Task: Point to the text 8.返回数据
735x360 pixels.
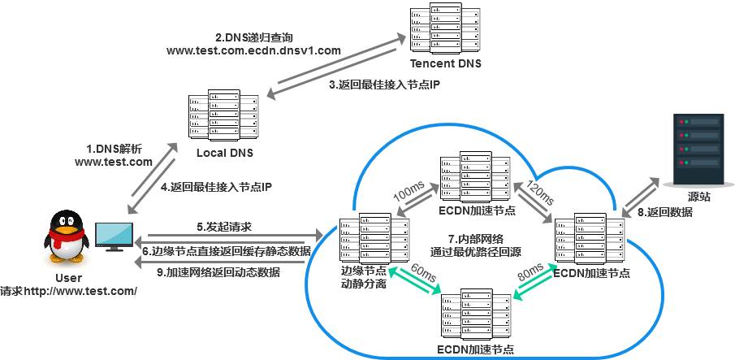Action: pos(664,212)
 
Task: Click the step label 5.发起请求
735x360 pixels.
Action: pos(223,227)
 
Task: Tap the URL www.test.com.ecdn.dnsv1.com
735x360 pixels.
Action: pos(253,50)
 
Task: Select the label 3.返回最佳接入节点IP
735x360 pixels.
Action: pos(384,85)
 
